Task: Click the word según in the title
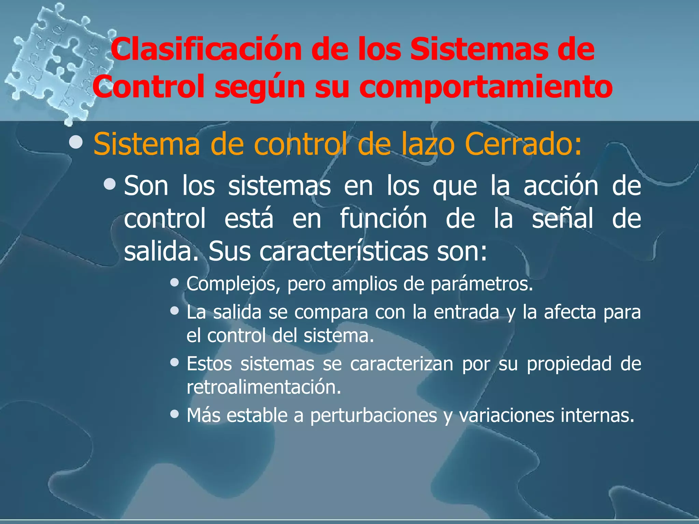(260, 87)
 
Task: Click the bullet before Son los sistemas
(110, 184)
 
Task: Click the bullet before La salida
(175, 310)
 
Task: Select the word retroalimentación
(264, 387)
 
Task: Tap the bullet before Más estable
(175, 414)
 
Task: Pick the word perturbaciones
(373, 416)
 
